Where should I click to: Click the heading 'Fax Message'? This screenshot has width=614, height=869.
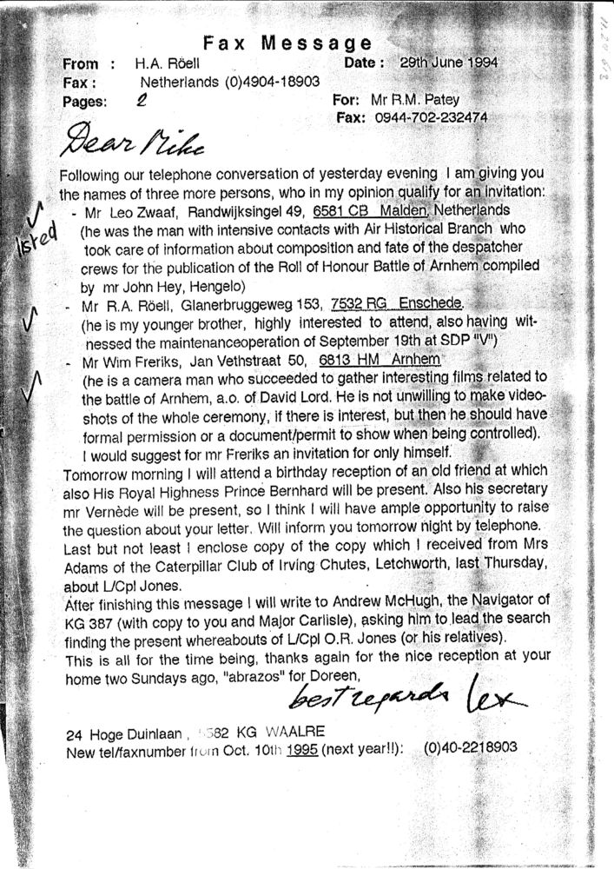[287, 43]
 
